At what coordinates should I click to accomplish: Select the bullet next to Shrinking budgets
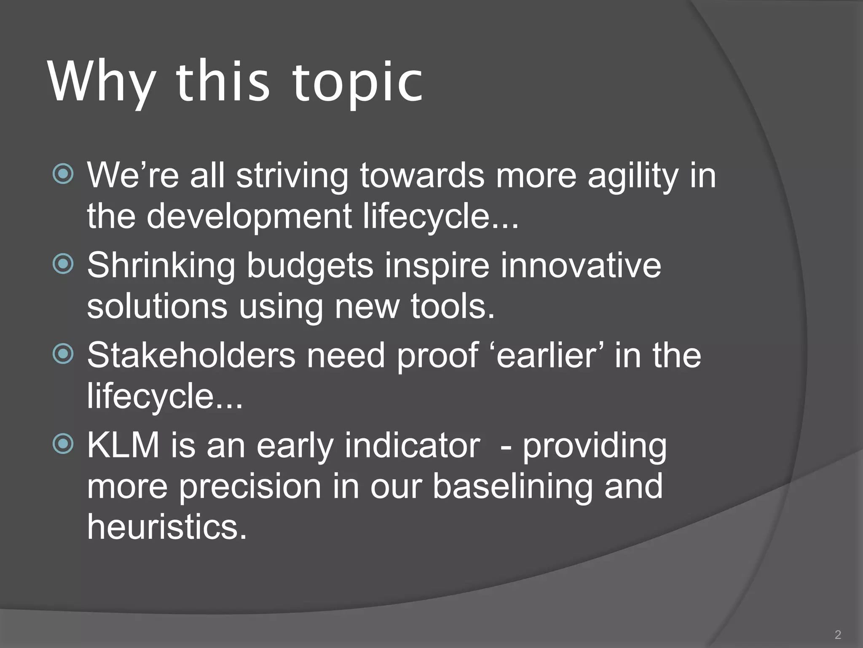[x=63, y=264]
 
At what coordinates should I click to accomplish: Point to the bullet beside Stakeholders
[x=63, y=354]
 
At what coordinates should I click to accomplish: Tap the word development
[x=249, y=216]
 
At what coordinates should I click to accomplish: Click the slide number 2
[x=838, y=634]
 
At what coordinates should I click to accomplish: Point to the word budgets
[x=310, y=266]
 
